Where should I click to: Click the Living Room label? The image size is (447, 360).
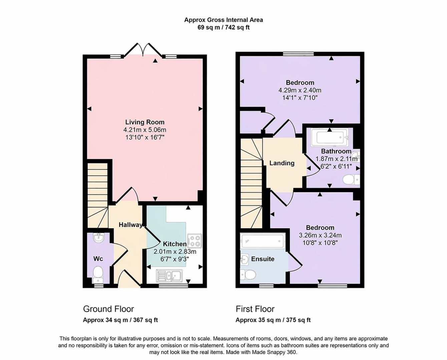[145, 122]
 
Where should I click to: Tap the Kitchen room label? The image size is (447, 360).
[174, 244]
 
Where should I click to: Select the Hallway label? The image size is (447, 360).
[130, 225]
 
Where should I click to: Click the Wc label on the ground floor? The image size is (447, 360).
[98, 259]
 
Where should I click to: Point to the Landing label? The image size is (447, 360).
[282, 163]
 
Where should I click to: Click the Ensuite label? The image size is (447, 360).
[263, 259]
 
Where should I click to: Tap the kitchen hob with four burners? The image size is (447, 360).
[194, 240]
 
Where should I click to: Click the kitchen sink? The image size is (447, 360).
[169, 275]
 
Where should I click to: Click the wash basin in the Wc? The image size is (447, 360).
[99, 238]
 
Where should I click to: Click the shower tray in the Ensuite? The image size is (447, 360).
[262, 240]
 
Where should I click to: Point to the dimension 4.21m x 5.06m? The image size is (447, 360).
[145, 130]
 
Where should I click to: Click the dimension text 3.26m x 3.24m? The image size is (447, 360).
[320, 235]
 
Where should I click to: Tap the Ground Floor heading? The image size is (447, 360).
[108, 309]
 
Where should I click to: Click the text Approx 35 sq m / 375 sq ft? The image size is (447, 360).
[273, 320]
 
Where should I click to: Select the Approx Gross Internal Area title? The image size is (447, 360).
[223, 20]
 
